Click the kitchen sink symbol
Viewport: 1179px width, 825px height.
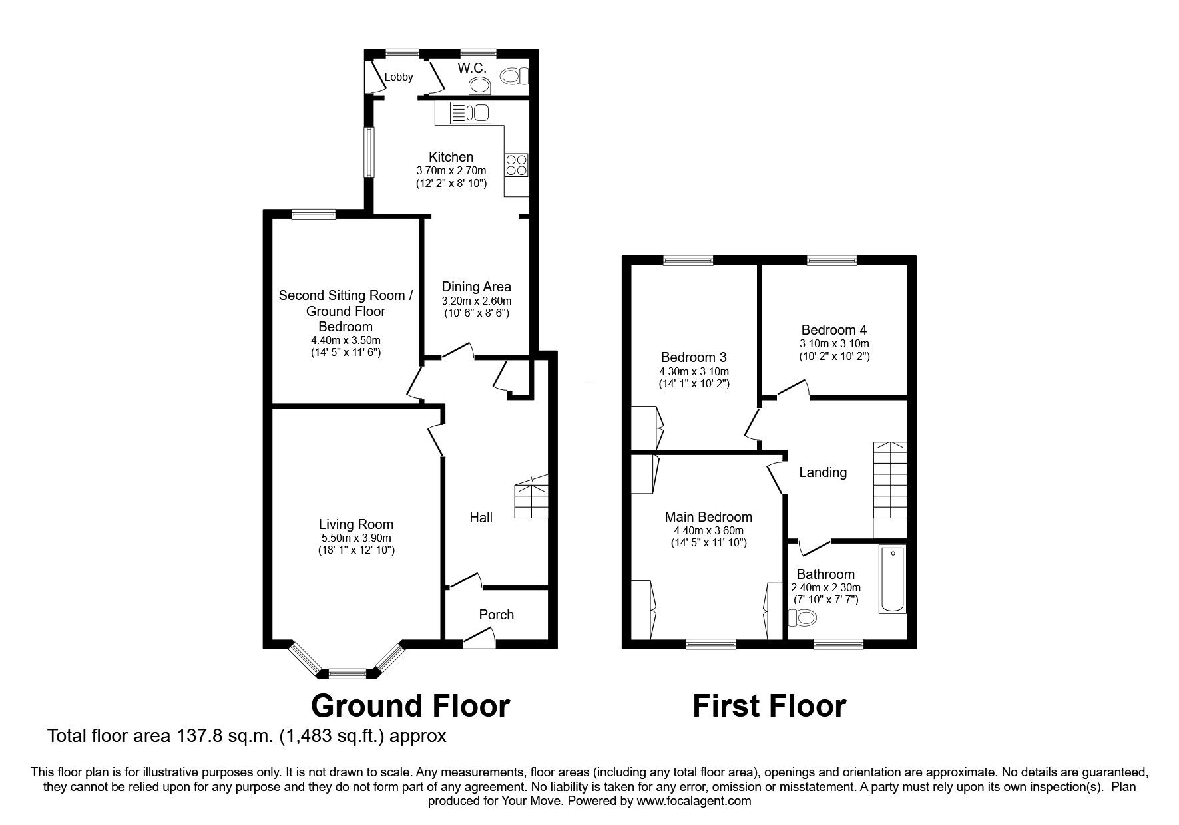tap(470, 113)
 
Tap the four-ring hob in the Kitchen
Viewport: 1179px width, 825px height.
tap(517, 164)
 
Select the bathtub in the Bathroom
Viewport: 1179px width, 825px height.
tap(892, 579)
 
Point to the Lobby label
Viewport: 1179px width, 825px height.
tap(399, 77)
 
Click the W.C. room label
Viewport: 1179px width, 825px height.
tap(472, 68)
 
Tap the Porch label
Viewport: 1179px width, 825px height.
tap(496, 615)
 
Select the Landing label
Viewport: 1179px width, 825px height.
tap(823, 472)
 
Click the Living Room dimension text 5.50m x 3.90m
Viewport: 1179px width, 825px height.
tap(355, 538)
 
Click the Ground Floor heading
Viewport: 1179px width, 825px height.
tap(410, 706)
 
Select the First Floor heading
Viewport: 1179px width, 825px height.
tap(769, 706)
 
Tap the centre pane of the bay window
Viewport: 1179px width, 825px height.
tap(347, 674)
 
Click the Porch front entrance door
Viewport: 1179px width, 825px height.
tap(479, 641)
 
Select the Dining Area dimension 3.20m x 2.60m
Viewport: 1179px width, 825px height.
tap(476, 301)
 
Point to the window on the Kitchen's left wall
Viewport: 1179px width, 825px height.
tap(368, 152)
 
